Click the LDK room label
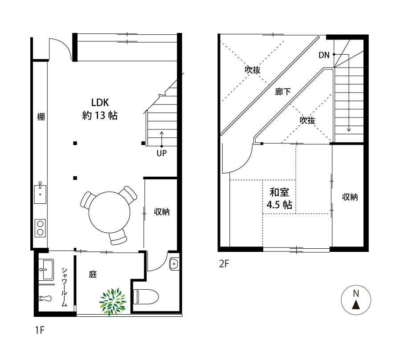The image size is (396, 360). [x=100, y=109]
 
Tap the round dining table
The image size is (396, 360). [x=109, y=212]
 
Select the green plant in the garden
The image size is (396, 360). [x=113, y=302]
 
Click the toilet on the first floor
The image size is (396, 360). [x=146, y=297]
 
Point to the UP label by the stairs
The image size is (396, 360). [x=162, y=153]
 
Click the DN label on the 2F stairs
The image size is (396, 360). [x=324, y=55]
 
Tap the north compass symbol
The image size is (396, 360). [x=356, y=300]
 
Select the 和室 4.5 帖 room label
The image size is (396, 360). [x=279, y=198]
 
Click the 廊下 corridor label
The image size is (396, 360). [x=283, y=92]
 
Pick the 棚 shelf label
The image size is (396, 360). [x=41, y=117]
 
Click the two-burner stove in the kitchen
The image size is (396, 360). [x=40, y=228]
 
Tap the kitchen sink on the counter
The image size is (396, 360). [x=40, y=194]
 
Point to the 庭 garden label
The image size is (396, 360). [x=93, y=274]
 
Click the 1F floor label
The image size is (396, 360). [x=40, y=330]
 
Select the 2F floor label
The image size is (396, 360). [x=224, y=264]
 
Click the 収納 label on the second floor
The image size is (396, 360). [x=350, y=197]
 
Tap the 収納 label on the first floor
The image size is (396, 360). [x=162, y=212]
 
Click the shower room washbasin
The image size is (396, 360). [x=46, y=269]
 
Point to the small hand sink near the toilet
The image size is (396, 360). [x=174, y=264]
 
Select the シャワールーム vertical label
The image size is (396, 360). [x=65, y=287]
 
